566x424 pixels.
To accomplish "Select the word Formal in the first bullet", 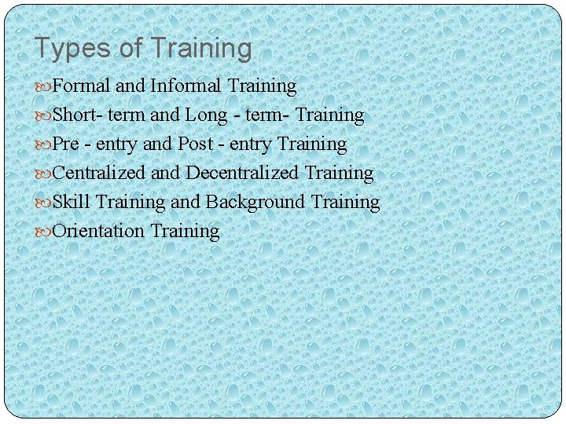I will pos(81,86).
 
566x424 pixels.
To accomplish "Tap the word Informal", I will pos(186,86).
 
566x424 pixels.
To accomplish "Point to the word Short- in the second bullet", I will pos(77,115).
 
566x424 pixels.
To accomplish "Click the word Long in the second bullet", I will pos(207,115).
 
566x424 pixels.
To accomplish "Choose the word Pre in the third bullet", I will pos(66,144).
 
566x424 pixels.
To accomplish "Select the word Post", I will pos(196,144).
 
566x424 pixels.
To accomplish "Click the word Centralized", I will pos(99,173).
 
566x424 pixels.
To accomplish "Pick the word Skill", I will pos(72,202).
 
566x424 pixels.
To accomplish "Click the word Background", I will pos(255,202).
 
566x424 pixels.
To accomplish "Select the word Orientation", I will pos(98,231).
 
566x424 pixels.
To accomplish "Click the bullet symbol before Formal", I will pos(43,86).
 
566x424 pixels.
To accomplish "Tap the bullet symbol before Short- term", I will pos(43,115).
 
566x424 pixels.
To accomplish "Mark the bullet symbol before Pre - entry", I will pos(43,144).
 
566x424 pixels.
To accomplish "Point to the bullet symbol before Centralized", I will pos(43,174).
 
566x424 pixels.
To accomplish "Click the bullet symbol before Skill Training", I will pos(43,203).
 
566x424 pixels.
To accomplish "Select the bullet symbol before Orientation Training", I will pos(43,232).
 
